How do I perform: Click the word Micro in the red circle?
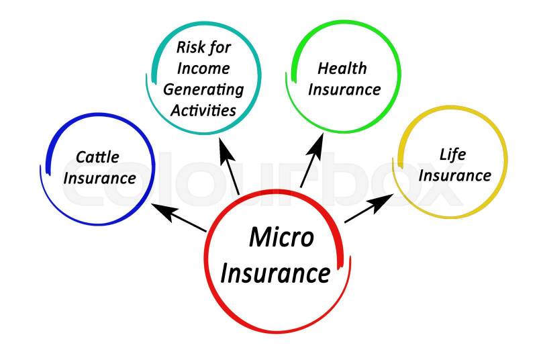pyautogui.click(x=281, y=238)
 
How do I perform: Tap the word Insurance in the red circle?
pyautogui.click(x=275, y=273)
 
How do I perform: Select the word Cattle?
pyautogui.click(x=97, y=157)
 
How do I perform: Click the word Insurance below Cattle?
pyautogui.click(x=100, y=179)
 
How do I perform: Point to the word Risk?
pyautogui.click(x=189, y=47)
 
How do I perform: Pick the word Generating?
pyautogui.click(x=203, y=89)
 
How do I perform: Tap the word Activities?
pyautogui.click(x=203, y=109)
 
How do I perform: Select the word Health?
pyautogui.click(x=342, y=69)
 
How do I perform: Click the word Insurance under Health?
pyautogui.click(x=344, y=89)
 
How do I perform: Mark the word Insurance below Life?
pyautogui.click(x=455, y=175)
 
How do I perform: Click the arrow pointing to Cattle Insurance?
pyautogui.click(x=178, y=218)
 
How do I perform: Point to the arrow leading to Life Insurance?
pyautogui.click(x=369, y=208)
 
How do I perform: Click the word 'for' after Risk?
pyautogui.click(x=219, y=47)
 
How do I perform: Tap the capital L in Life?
pyautogui.click(x=444, y=154)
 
